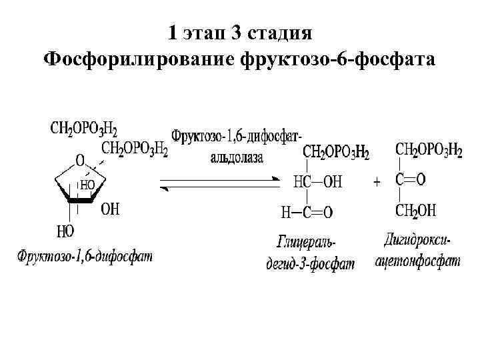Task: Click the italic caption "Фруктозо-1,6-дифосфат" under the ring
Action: click(85, 255)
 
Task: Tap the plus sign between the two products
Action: click(377, 181)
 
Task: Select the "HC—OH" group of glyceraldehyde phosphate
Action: click(317, 181)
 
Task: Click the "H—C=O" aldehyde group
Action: click(307, 213)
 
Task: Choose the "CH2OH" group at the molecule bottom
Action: click(415, 211)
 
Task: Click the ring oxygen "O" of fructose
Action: click(79, 161)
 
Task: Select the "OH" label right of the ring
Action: click(110, 209)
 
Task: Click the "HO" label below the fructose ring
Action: click(65, 231)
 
